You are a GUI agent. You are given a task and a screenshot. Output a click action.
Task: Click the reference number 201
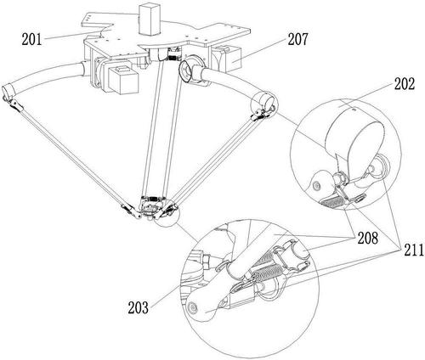pos(31,40)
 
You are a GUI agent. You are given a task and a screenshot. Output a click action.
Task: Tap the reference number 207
pos(297,39)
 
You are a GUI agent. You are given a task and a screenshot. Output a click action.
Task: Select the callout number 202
pos(404,84)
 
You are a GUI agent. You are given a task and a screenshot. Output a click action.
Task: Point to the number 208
pos(367,238)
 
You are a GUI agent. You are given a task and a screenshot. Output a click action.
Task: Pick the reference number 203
pos(138,307)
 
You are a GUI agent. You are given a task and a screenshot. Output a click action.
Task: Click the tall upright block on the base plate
pos(149,20)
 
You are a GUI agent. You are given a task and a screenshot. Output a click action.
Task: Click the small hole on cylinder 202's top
pos(354,108)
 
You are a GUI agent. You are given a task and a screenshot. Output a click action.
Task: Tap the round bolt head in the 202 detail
pos(315,185)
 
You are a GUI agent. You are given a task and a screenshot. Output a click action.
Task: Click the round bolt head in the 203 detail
pos(193,307)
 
